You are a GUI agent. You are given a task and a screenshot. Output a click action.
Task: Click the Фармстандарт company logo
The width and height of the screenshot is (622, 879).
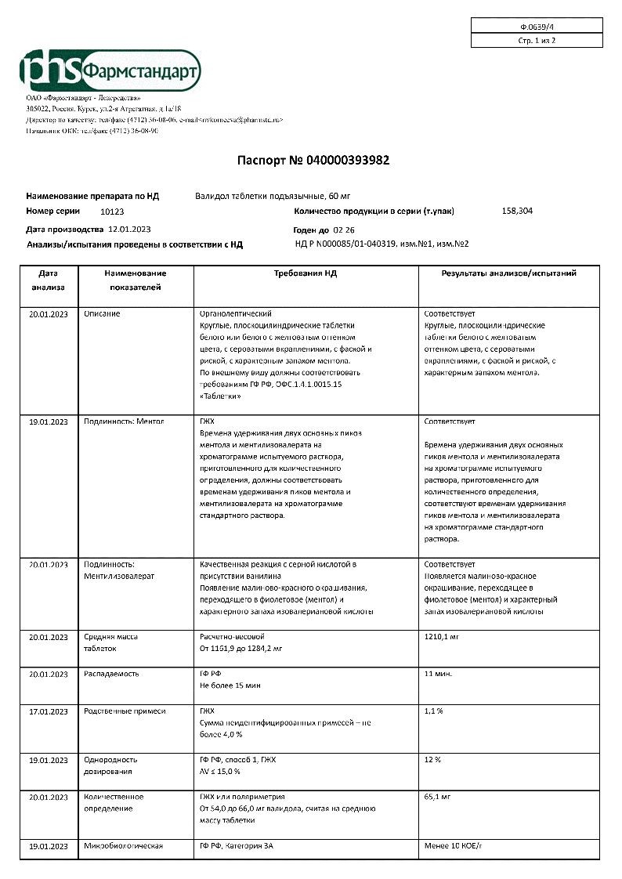110,72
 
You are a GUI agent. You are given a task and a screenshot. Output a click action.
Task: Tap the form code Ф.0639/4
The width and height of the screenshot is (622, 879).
537,26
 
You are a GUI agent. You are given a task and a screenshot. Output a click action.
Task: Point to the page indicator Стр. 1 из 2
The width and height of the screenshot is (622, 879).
537,41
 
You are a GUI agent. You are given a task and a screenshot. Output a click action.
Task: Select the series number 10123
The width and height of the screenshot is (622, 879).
112,212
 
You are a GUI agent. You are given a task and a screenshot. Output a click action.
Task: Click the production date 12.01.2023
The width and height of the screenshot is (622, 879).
129,230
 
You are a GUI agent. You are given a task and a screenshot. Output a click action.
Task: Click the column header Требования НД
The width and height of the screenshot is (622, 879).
305,273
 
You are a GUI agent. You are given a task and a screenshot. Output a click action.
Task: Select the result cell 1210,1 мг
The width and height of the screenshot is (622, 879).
441,637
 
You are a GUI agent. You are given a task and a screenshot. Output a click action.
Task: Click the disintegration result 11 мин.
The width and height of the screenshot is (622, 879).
438,674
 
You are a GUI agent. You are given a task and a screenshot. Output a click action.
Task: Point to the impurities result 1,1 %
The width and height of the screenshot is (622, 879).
433,711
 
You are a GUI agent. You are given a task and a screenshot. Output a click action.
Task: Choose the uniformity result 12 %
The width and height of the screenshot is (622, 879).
432,760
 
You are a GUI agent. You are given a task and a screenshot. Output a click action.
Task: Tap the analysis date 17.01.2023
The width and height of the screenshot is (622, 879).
49,711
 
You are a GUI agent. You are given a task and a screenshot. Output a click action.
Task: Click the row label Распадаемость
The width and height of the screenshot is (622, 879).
111,674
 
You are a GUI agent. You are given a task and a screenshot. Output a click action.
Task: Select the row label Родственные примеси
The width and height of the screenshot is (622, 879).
125,711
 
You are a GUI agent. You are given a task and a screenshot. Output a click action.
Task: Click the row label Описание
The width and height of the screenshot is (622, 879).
103,313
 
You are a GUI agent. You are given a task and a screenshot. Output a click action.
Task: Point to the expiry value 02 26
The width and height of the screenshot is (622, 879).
344,230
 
